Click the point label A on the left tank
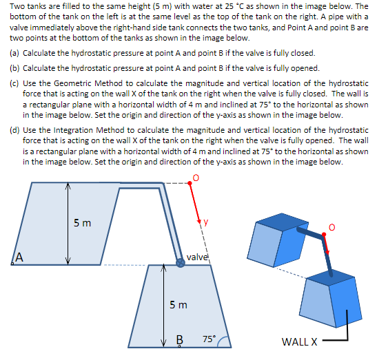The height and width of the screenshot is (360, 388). pos(20,257)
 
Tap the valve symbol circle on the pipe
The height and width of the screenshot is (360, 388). pos(181,262)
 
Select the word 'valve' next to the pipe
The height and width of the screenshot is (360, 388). pos(197,257)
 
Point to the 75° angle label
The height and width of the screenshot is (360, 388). pos(210,339)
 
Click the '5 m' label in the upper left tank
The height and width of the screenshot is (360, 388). pos(81,222)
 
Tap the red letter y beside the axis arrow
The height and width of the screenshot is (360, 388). pos(205,222)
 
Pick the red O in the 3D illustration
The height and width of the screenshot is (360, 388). pos(332,228)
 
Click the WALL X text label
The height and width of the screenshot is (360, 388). pos(300,341)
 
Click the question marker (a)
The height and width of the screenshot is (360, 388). pos(14,53)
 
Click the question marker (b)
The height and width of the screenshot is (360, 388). pos(14,68)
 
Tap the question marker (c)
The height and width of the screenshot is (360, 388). pos(14,83)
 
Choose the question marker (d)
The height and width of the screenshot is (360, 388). pos(14,129)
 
